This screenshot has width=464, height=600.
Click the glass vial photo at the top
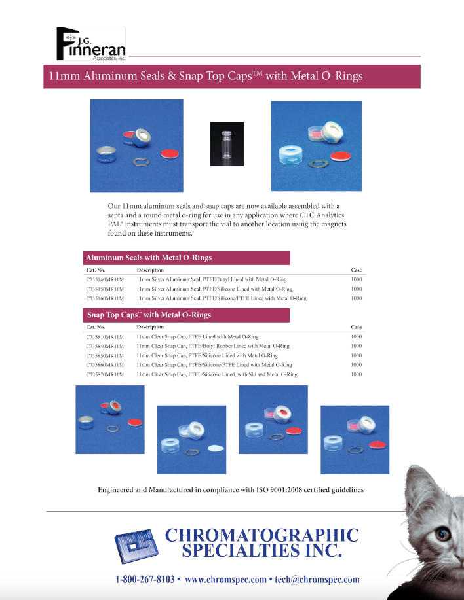click(x=227, y=141)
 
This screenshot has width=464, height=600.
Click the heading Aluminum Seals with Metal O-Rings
click(x=149, y=258)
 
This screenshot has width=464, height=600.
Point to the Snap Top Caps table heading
click(x=149, y=315)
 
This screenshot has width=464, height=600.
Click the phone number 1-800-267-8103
click(x=145, y=579)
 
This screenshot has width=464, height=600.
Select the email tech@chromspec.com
click(x=317, y=579)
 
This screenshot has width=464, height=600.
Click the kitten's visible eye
click(x=443, y=535)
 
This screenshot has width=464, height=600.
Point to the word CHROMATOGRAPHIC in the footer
click(x=261, y=535)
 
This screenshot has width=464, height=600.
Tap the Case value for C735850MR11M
click(x=356, y=355)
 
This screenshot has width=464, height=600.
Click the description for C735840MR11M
click(x=213, y=346)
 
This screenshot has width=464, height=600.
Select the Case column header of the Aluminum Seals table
click(x=356, y=270)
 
